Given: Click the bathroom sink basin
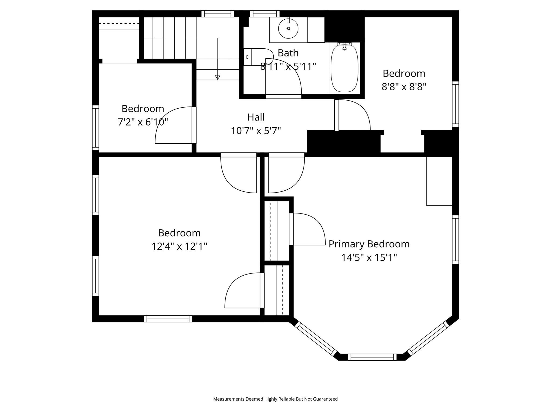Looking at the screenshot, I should (x=288, y=29).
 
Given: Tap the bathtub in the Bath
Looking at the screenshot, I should (x=344, y=69).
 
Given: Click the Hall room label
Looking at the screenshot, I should (x=256, y=117).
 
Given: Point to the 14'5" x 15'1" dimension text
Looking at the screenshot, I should (x=369, y=258).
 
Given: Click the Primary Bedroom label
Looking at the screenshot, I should (x=369, y=244).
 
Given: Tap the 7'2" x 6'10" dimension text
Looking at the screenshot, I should (x=143, y=122).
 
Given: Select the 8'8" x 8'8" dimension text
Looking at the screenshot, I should (x=404, y=87).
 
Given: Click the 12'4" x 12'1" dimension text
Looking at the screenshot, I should (x=179, y=246).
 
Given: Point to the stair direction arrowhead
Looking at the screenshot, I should (x=218, y=77).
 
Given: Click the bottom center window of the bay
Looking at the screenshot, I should (x=372, y=357).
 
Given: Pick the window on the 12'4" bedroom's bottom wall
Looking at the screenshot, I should (x=168, y=319).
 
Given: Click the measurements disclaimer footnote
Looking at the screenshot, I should (x=275, y=399).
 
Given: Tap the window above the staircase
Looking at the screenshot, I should (x=217, y=14).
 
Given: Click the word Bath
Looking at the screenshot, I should (x=288, y=53).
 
